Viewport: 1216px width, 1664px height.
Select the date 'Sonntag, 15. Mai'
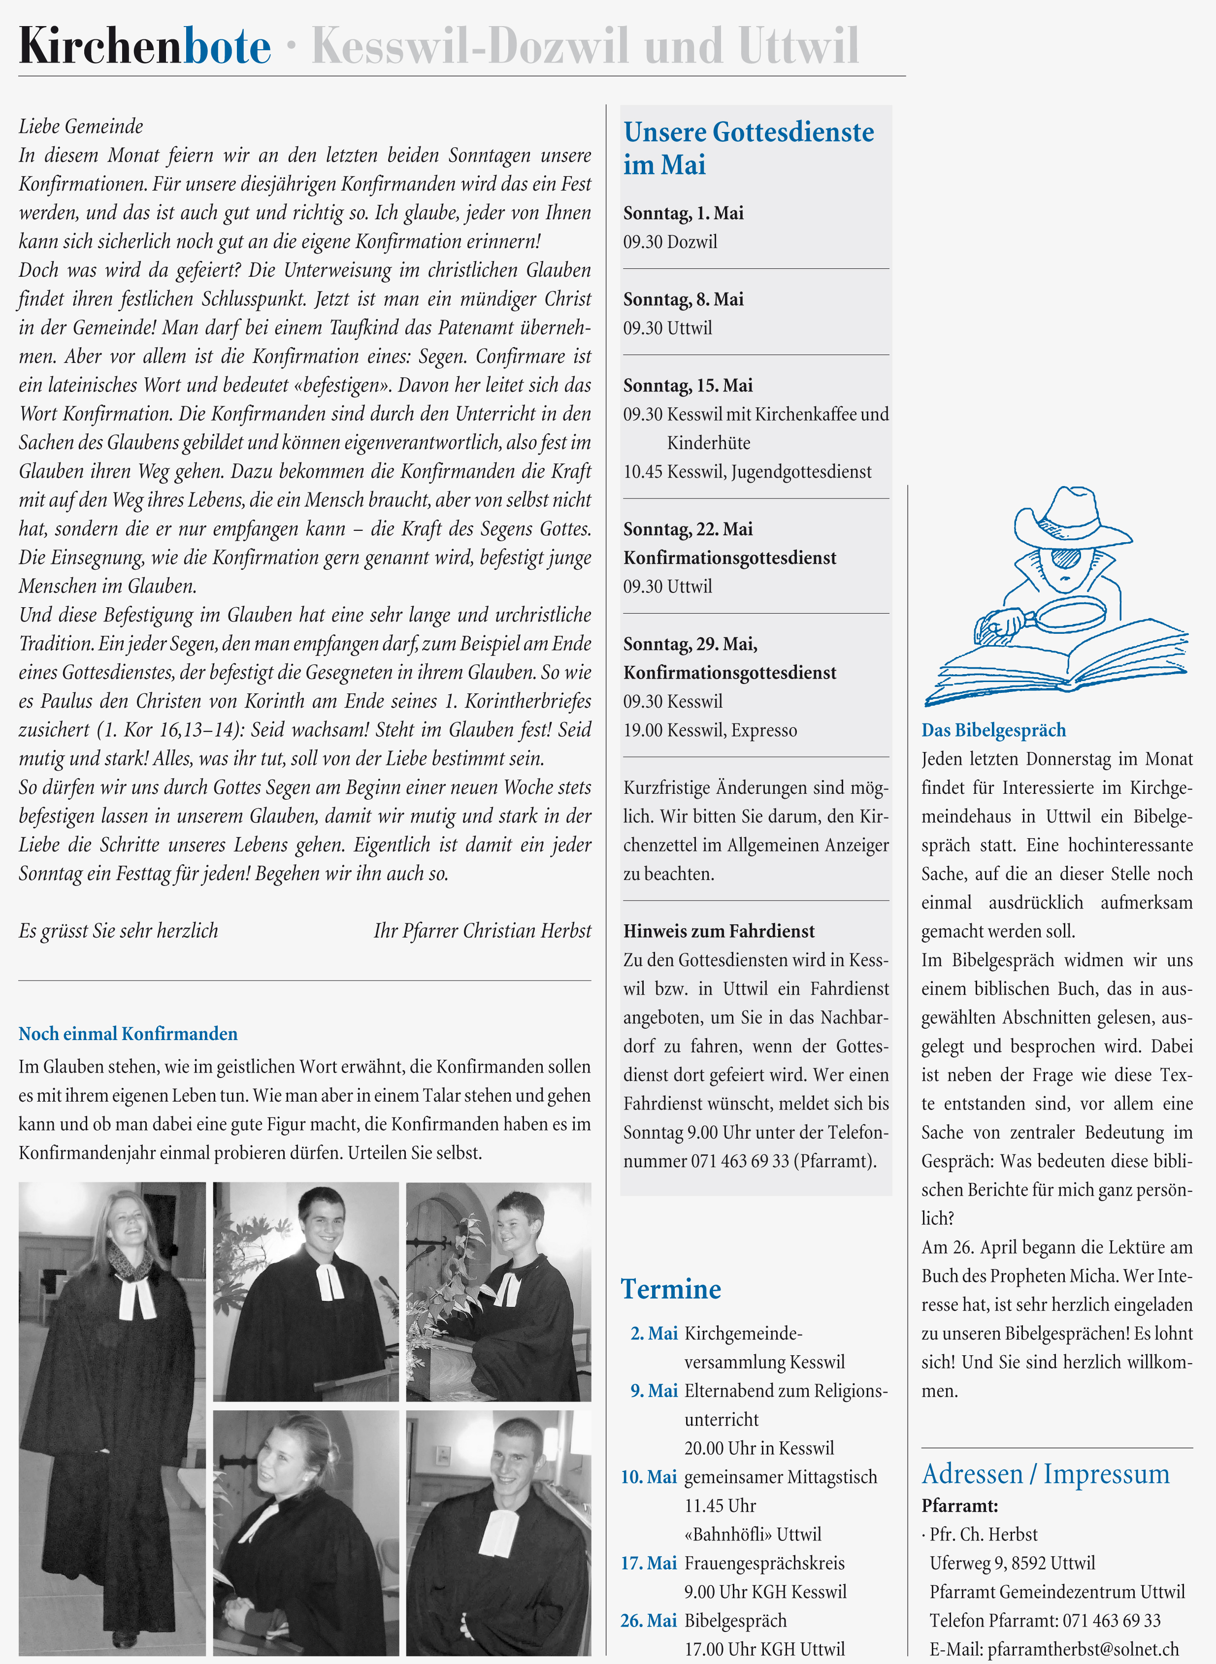688,386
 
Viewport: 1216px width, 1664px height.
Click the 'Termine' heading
671,1289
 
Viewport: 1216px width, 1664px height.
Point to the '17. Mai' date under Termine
649,1563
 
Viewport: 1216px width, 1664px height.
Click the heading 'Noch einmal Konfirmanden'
128,1034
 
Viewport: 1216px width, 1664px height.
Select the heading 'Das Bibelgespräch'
993,730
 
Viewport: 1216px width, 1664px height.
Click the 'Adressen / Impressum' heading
1045,1474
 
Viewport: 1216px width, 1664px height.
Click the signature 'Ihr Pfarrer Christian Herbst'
482,931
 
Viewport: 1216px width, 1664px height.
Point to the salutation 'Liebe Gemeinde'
81,127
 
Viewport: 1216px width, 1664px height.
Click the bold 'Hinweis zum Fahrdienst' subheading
719,932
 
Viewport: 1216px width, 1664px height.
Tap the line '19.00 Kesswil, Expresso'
710,730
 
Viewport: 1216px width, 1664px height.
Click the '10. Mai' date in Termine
649,1477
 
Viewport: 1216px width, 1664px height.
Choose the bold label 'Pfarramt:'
959,1506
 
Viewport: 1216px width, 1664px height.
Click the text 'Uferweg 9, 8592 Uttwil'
1012,1563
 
